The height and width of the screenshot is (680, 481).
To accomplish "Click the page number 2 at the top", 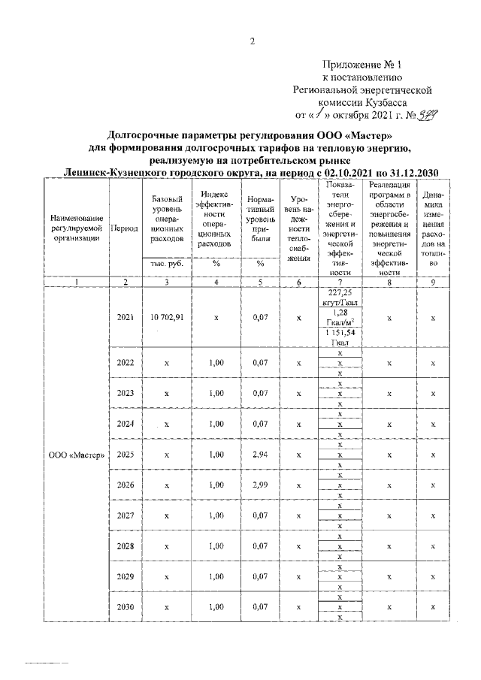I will [253, 42].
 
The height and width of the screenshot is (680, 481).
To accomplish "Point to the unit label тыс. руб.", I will [165, 264].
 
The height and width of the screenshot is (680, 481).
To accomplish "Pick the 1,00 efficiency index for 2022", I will [216, 363].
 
